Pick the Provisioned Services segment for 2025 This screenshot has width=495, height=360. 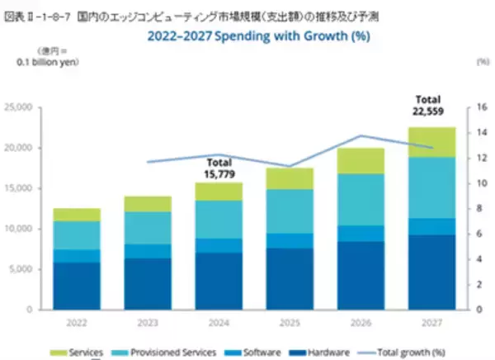coord(289,211)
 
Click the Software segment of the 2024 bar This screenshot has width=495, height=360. coord(218,245)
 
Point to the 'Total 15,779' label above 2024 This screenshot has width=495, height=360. coord(219,168)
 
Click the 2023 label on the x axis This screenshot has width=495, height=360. coord(148,322)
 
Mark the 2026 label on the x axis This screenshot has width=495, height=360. coord(360,322)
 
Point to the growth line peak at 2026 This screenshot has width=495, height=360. coord(360,135)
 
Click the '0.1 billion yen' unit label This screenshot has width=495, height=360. coord(44,62)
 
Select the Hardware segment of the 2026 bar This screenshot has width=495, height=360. coord(360,275)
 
